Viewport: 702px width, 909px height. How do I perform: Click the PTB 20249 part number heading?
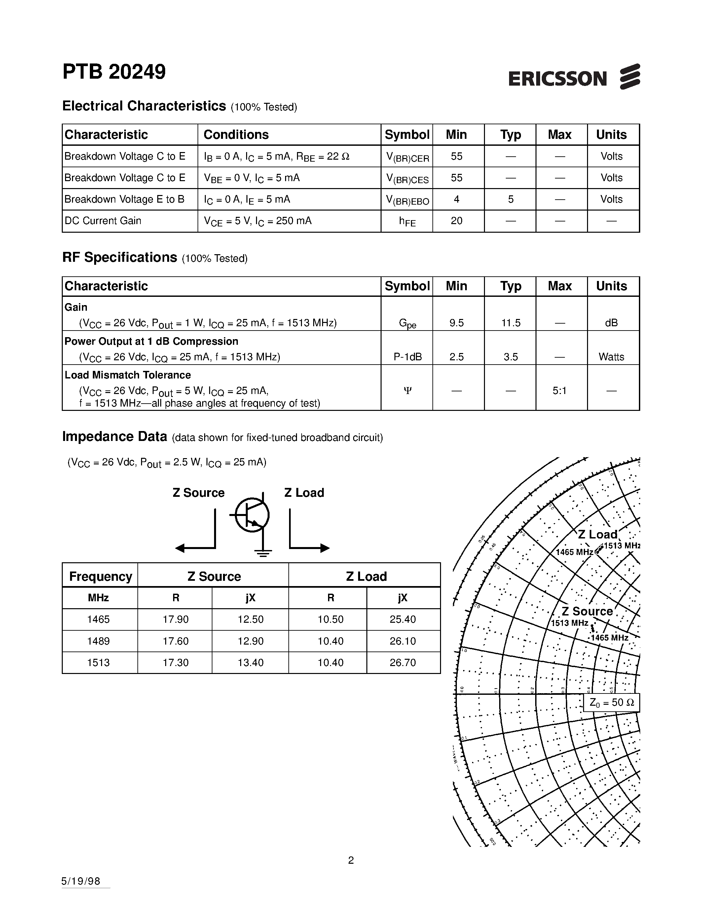(x=114, y=72)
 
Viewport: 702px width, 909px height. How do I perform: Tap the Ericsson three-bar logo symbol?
(x=630, y=77)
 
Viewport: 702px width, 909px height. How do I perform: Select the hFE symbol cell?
(x=407, y=221)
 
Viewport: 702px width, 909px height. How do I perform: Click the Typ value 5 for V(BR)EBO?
(x=510, y=199)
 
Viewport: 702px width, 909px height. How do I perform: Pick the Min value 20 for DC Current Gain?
(x=456, y=221)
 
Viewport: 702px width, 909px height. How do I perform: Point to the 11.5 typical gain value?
(x=510, y=323)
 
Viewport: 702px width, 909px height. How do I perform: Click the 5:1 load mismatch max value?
(x=559, y=391)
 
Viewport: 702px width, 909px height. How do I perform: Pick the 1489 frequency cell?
(x=98, y=641)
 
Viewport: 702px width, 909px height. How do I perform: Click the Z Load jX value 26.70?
(x=403, y=663)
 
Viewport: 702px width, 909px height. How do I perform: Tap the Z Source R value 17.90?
(x=175, y=619)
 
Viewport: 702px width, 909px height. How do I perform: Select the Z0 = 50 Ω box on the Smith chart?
(x=611, y=702)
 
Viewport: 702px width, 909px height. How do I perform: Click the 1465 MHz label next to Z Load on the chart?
(x=574, y=552)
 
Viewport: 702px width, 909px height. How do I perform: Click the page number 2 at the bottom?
(x=351, y=860)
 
